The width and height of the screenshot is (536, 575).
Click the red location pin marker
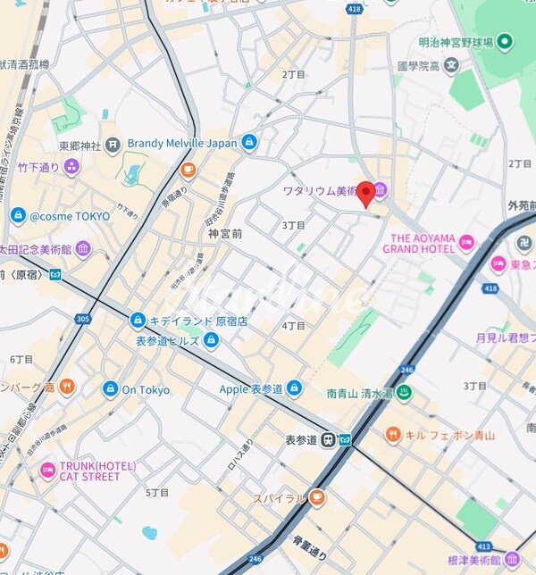(x=364, y=194)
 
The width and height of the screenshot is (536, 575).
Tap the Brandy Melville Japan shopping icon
(x=249, y=142)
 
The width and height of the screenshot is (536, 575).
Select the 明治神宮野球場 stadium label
(x=454, y=41)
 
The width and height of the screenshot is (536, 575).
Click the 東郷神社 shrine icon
(x=112, y=145)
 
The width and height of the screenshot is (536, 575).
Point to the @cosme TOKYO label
(x=70, y=216)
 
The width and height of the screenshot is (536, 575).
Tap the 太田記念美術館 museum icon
(x=83, y=247)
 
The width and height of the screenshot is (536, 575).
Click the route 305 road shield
(x=83, y=318)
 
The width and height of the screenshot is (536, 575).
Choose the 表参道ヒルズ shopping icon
(x=211, y=339)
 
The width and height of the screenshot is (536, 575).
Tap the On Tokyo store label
(x=145, y=389)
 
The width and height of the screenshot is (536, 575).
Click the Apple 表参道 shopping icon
(x=294, y=388)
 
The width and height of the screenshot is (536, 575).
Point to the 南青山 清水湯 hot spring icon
(x=402, y=392)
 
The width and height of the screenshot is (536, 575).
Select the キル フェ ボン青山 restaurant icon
(x=393, y=435)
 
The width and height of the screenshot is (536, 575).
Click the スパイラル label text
(x=279, y=498)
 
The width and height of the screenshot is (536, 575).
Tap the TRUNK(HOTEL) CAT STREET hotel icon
(x=48, y=470)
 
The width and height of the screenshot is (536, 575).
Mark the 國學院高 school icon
(x=452, y=65)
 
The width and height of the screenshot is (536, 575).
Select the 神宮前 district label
(x=225, y=234)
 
